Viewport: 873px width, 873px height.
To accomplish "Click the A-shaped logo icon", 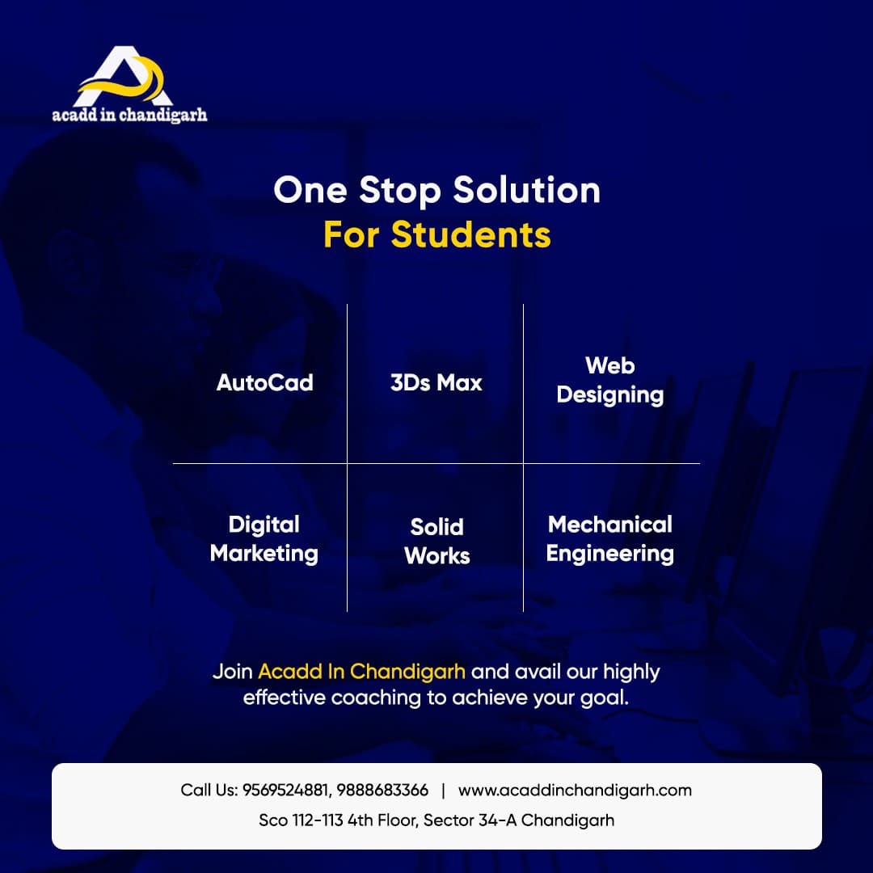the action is [123, 77].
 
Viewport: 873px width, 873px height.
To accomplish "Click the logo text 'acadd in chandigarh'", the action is [129, 115].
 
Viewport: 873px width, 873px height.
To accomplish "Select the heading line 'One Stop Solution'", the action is [437, 191].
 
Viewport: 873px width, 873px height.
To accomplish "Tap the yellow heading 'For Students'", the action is [437, 234].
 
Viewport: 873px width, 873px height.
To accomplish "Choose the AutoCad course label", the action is [265, 382].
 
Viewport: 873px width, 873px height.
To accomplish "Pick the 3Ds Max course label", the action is [436, 382].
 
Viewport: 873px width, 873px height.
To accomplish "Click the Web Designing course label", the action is [610, 380].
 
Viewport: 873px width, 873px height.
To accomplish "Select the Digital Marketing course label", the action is [264, 539].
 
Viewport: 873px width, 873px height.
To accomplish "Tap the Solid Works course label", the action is [437, 541].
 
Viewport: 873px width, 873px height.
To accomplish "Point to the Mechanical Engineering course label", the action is [610, 539].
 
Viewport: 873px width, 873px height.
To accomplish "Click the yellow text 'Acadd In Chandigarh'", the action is [362, 672].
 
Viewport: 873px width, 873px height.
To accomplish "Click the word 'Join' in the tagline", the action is [233, 672].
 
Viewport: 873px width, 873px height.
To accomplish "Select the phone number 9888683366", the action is [382, 790].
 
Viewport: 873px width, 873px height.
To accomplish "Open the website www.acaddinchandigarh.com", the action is [576, 790].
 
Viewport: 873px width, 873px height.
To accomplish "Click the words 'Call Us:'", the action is [209, 790].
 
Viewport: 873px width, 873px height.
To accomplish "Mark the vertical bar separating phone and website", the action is [443, 791].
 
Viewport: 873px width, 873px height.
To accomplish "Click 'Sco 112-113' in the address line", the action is [301, 820].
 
